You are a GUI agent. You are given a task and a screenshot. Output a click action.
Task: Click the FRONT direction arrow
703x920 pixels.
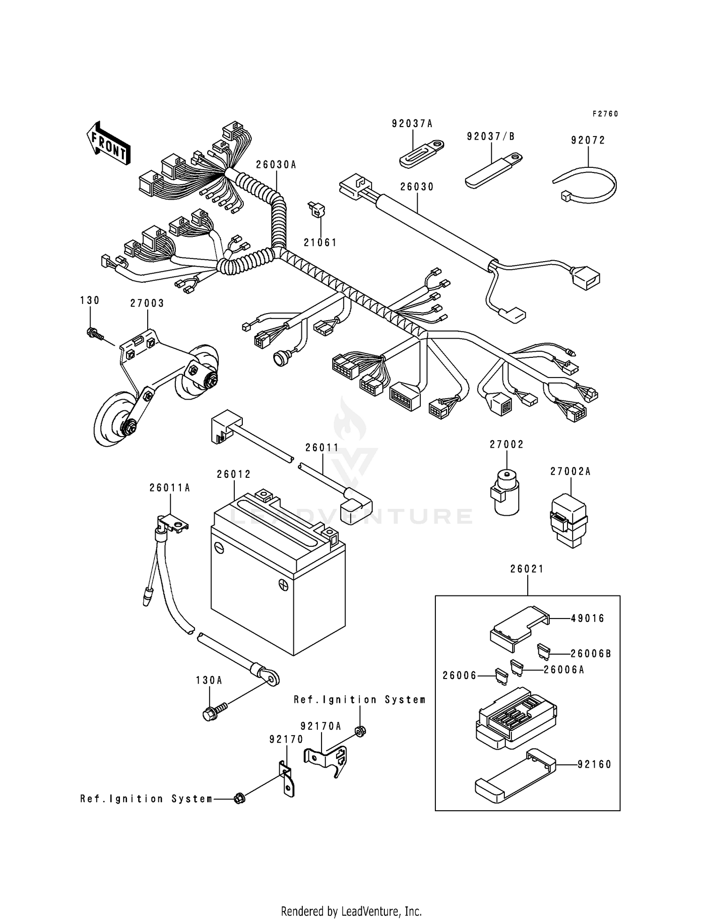[108, 143]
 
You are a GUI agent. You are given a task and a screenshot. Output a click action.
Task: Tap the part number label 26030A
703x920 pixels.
[276, 165]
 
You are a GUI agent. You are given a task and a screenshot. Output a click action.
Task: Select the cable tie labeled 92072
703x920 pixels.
[586, 186]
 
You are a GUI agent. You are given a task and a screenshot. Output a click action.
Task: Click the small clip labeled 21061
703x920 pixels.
[317, 211]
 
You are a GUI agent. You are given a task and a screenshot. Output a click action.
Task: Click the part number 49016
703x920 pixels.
[588, 618]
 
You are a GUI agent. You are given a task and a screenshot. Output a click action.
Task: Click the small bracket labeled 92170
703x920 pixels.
[287, 783]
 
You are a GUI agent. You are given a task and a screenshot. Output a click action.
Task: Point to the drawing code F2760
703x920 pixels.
[605, 114]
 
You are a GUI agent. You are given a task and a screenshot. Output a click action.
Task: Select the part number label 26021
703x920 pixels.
[527, 569]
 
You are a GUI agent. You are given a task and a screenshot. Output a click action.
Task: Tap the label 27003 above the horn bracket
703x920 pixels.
[147, 303]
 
